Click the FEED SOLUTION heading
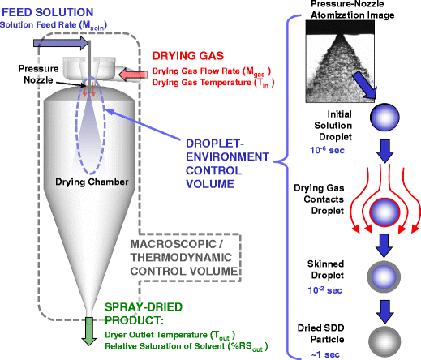46,11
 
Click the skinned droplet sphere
382,273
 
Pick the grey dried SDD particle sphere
382,332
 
